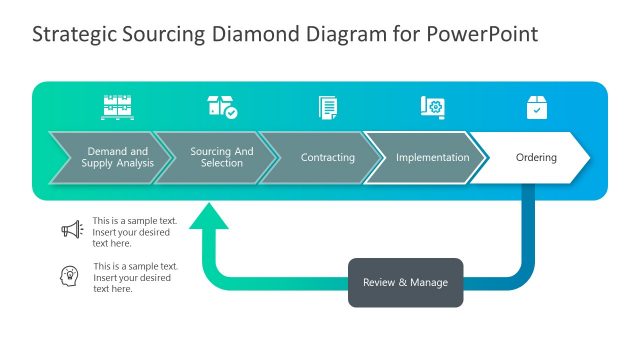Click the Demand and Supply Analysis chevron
click(105, 158)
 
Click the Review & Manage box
click(405, 282)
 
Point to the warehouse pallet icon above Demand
click(117, 107)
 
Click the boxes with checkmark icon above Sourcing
click(222, 107)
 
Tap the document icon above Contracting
click(327, 107)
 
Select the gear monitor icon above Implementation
click(432, 107)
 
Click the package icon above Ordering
click(537, 107)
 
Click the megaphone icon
click(71, 230)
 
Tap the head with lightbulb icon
click(71, 276)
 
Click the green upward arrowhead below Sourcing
click(209, 218)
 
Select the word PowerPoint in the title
click(484, 34)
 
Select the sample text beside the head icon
click(134, 277)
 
